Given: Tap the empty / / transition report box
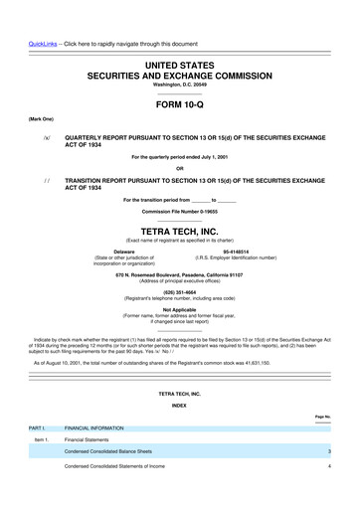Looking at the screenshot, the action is pos(46,182).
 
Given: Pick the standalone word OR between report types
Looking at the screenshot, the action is pos(179,167).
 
